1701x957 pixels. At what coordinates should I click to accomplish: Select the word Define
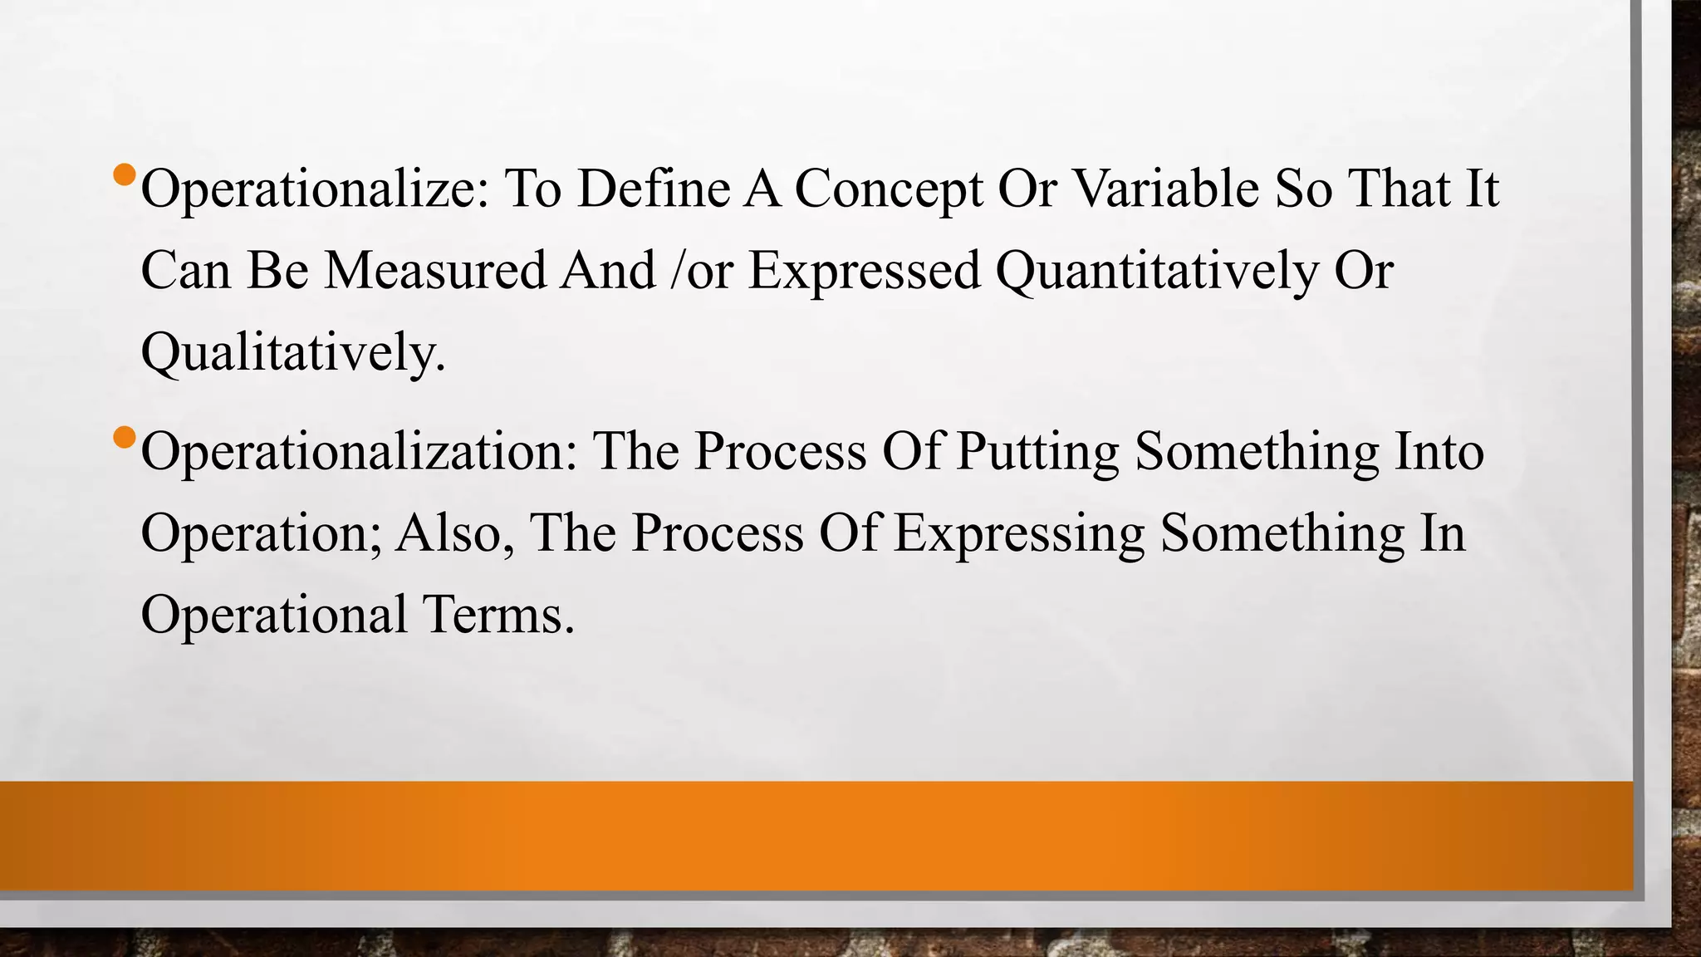pos(654,188)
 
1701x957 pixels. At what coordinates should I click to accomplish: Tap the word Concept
pos(889,189)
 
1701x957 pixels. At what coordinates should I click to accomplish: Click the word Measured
pos(435,270)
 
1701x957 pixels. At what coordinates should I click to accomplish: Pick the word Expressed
pos(864,272)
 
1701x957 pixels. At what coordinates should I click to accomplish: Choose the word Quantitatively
pos(1156,272)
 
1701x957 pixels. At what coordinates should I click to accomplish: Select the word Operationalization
pos(358,452)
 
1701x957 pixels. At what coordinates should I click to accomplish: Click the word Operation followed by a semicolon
pos(261,533)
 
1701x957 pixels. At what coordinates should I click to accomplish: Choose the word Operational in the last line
pos(273,616)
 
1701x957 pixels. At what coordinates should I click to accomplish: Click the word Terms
pos(498,614)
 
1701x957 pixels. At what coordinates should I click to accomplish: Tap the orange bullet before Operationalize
pos(124,174)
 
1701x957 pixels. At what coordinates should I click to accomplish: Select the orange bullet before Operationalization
pos(124,436)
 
